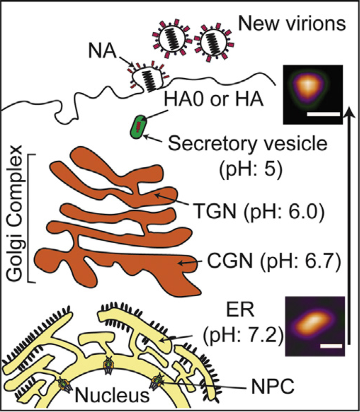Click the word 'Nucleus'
pos(112,395)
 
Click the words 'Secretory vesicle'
pos(248,145)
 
